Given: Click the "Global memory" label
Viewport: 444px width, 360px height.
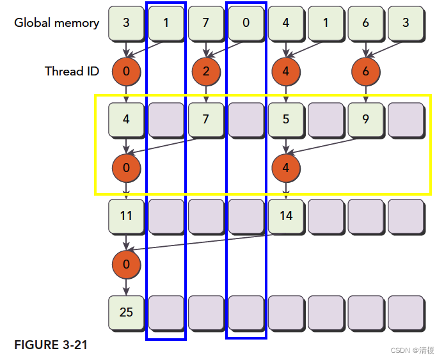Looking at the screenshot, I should (x=56, y=23).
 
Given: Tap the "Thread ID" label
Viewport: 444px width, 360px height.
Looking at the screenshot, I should (x=72, y=71).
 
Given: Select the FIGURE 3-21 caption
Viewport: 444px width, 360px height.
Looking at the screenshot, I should (x=51, y=345).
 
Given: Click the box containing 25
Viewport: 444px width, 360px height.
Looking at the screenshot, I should (x=126, y=312).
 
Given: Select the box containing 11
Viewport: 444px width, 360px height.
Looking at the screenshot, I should (x=126, y=215).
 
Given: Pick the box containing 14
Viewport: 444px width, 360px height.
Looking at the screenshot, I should (x=286, y=215).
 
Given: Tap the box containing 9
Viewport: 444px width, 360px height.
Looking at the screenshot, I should (x=366, y=119).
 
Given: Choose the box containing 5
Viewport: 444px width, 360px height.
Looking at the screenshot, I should (x=286, y=119).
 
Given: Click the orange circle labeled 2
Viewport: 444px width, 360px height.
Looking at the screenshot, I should (x=206, y=71).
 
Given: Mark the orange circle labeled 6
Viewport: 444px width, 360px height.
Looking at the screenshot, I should (x=366, y=71).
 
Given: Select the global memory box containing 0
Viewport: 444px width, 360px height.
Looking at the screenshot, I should (x=246, y=23).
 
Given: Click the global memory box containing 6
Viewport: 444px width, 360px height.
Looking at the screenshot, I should (x=366, y=23).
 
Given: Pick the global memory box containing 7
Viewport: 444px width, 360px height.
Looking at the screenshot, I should (x=206, y=23).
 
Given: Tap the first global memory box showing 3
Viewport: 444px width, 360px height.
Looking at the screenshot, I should (x=126, y=23).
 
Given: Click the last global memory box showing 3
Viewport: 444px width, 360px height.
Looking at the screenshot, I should (x=406, y=23).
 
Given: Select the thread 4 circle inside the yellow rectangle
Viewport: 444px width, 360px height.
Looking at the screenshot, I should (x=286, y=169).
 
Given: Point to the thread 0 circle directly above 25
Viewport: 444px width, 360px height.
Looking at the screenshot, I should (x=126, y=264).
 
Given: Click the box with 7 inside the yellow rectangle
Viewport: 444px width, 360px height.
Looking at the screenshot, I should (x=206, y=119).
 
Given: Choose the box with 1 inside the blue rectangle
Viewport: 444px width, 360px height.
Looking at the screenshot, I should (x=166, y=23).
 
